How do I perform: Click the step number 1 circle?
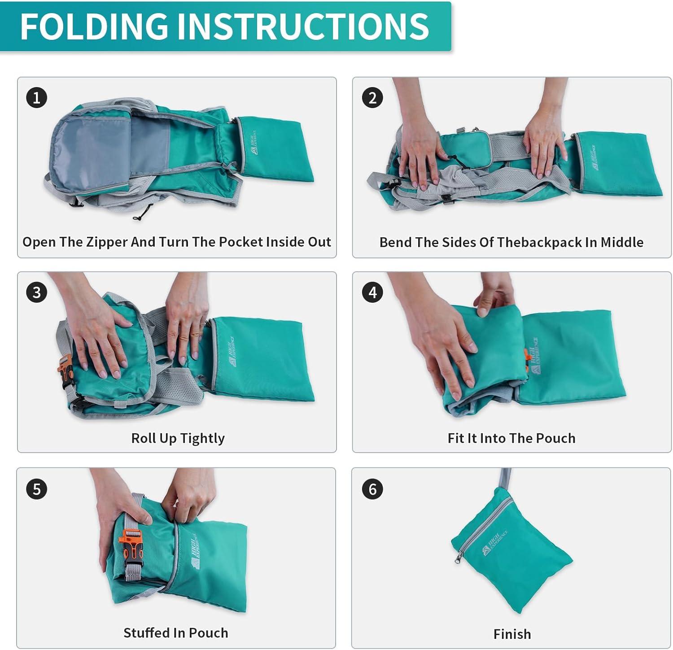(x=37, y=97)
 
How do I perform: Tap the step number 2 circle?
(x=372, y=97)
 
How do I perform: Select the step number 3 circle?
(x=37, y=292)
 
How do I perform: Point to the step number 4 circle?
(x=372, y=292)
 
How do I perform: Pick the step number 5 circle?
(x=37, y=489)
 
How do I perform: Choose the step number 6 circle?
(x=372, y=489)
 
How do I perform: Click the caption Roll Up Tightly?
(x=178, y=438)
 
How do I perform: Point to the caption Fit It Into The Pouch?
(x=511, y=438)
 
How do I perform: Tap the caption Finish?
(x=512, y=634)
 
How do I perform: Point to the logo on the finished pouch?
(x=494, y=541)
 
